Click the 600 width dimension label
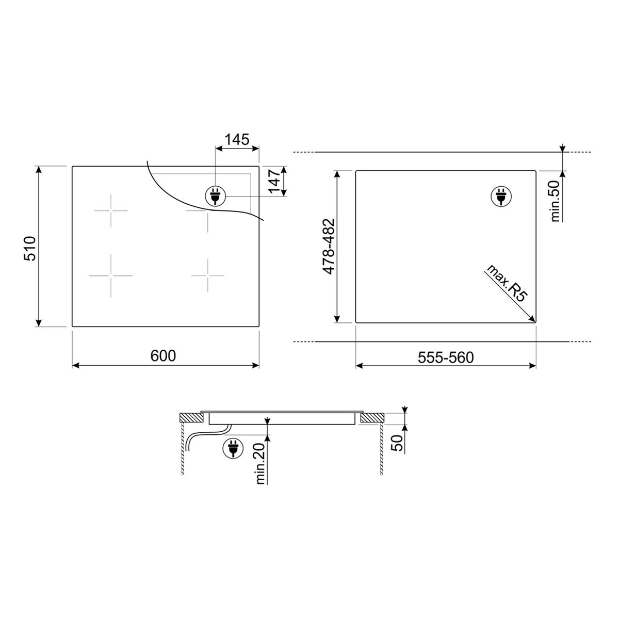[x=164, y=356]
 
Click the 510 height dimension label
[x=30, y=248]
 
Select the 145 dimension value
[x=237, y=139]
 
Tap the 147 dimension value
[x=277, y=182]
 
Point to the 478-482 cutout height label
[x=328, y=247]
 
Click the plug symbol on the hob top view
[x=215, y=197]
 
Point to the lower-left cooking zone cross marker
[x=110, y=276]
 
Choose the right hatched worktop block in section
[x=372, y=418]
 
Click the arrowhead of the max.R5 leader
[x=533, y=320]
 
